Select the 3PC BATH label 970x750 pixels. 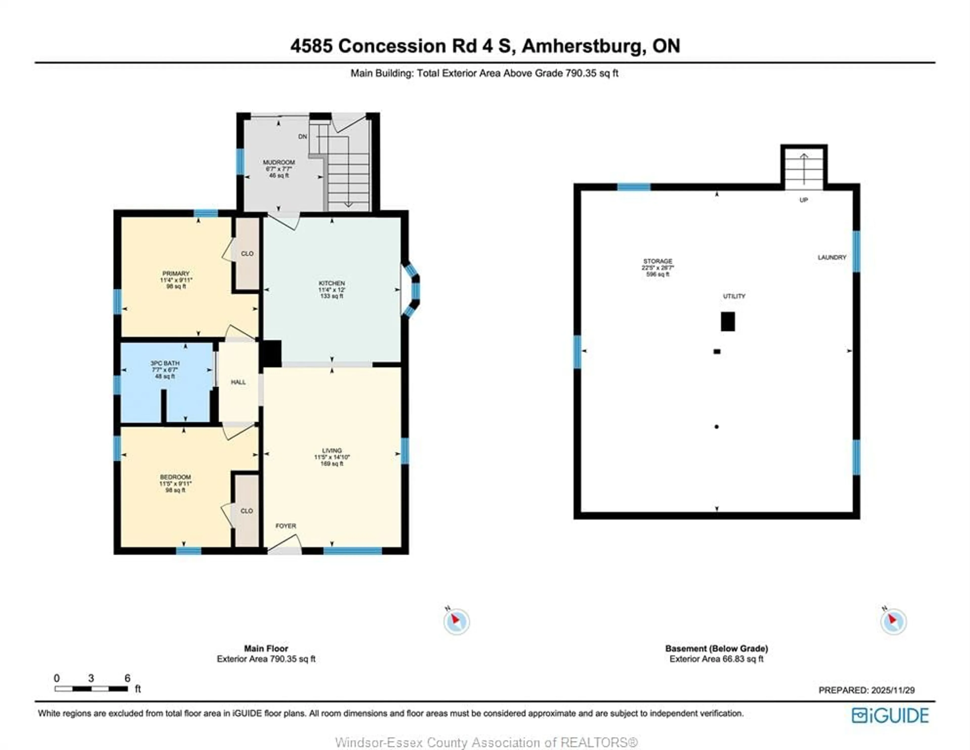pyautogui.click(x=165, y=363)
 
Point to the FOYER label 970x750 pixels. pyautogui.click(x=286, y=526)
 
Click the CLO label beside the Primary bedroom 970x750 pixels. pyautogui.click(x=247, y=254)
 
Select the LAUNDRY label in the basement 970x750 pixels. pyautogui.click(x=832, y=257)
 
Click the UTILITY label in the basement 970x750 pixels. pyautogui.click(x=734, y=296)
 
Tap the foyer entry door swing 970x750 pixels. pyautogui.click(x=284, y=544)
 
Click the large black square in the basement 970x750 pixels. pyautogui.click(x=727, y=321)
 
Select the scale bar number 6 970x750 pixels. pyautogui.click(x=128, y=678)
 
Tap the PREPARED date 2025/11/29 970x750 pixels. pyautogui.click(x=893, y=690)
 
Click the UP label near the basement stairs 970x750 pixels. pyautogui.click(x=804, y=200)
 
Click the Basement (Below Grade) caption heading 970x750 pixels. pyautogui.click(x=716, y=648)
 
